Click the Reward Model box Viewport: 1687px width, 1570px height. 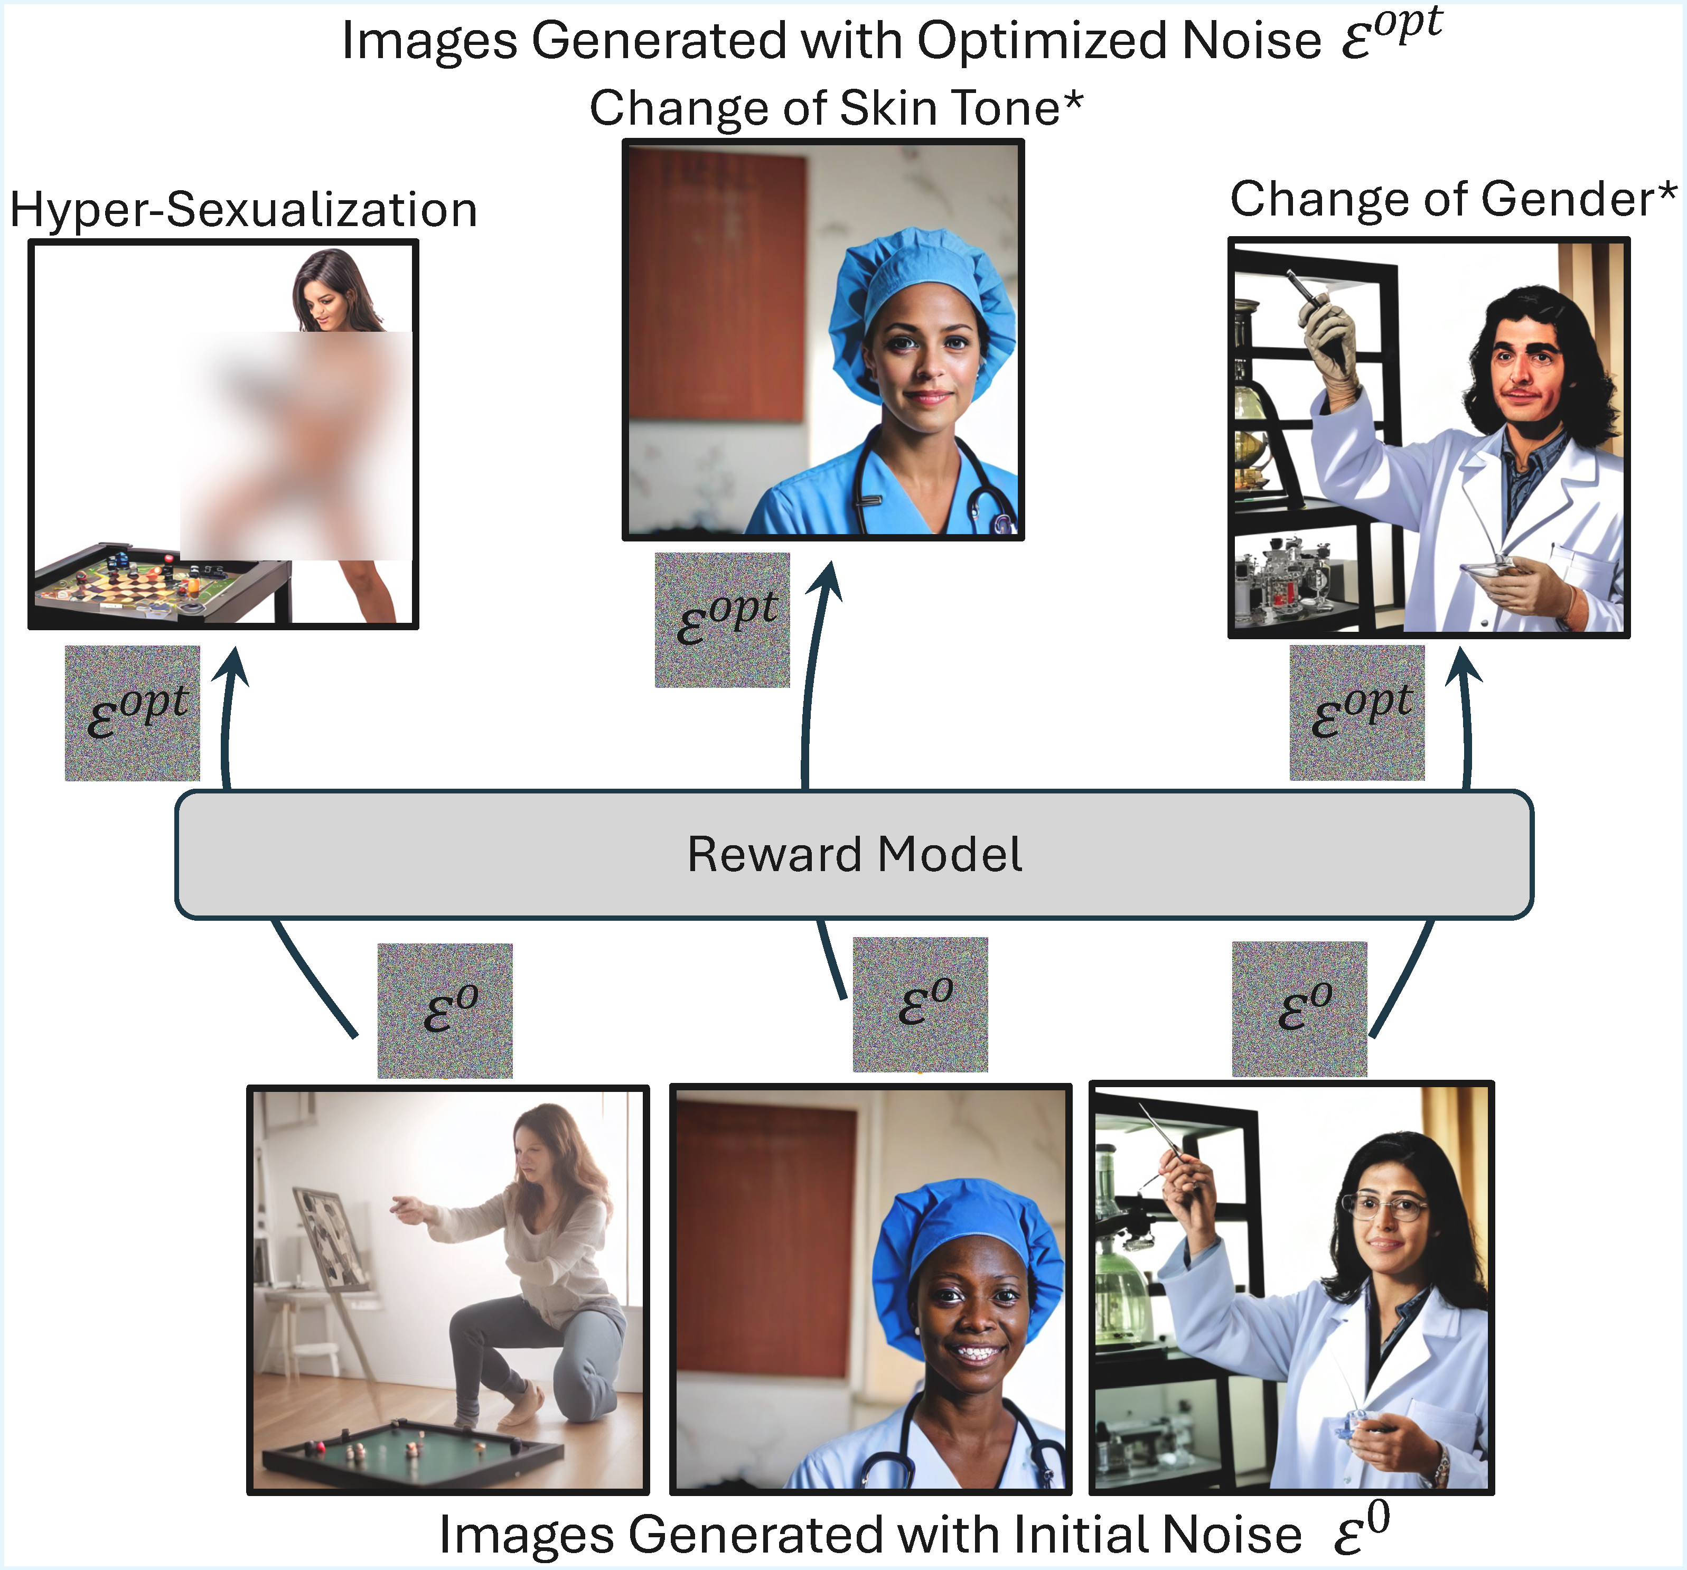pyautogui.click(x=854, y=854)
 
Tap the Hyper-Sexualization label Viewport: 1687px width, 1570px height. pyautogui.click(x=243, y=210)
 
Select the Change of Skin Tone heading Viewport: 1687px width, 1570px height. pyautogui.click(x=836, y=109)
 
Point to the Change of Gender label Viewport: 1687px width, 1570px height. pyautogui.click(x=1453, y=200)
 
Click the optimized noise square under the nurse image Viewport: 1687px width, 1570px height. pyautogui.click(x=722, y=620)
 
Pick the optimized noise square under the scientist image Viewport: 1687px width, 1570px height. pyautogui.click(x=1357, y=713)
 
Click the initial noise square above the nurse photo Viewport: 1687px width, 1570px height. pyautogui.click(x=920, y=1005)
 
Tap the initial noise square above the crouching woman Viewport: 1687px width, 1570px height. pyautogui.click(x=445, y=1011)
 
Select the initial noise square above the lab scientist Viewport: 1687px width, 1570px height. pyautogui.click(x=1299, y=1009)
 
